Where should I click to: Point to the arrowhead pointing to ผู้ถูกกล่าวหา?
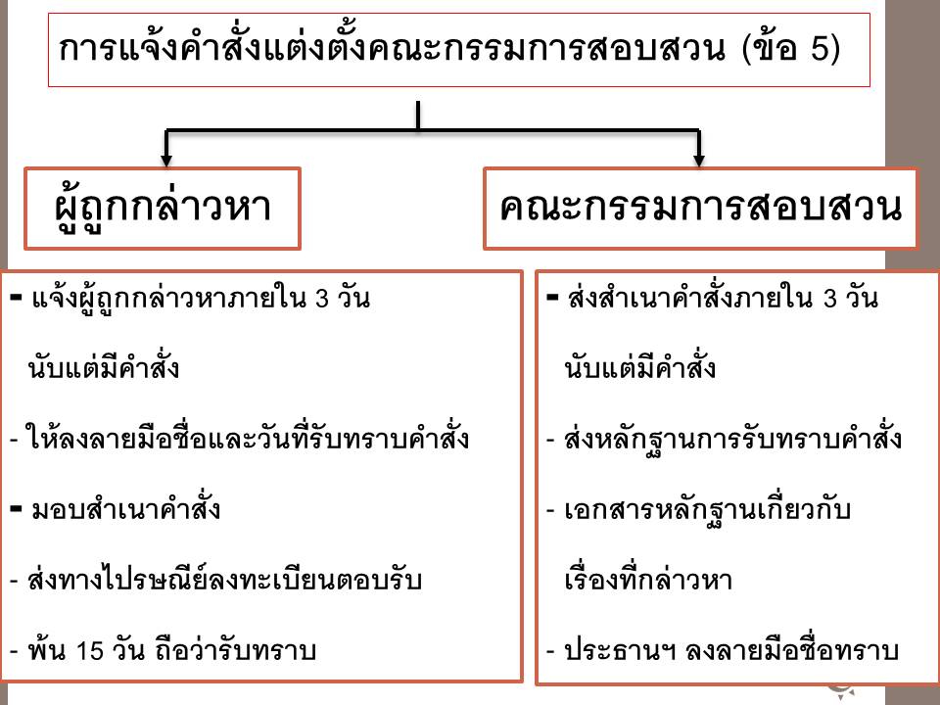166,160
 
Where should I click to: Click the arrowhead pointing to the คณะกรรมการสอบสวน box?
698,160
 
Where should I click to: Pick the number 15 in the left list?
90,651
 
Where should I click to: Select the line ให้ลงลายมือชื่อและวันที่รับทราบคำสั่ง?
247,439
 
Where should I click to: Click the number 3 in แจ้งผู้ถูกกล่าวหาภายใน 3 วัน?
322,299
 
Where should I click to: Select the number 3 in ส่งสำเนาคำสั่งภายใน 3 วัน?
830,299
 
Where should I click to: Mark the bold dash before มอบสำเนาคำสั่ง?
17,509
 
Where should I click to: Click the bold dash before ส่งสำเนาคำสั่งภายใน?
552,297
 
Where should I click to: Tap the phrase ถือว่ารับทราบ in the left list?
235,651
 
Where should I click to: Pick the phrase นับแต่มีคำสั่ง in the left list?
103,367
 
